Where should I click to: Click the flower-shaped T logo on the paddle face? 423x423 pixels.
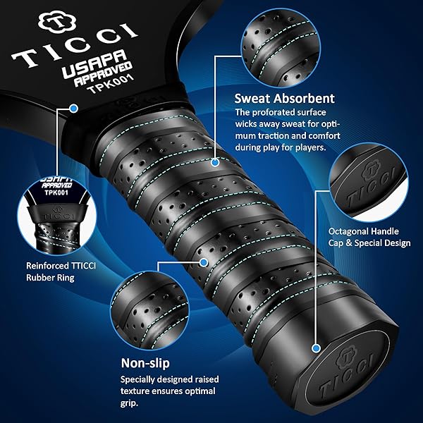(x=57, y=22)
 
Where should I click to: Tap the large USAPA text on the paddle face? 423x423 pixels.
(x=94, y=63)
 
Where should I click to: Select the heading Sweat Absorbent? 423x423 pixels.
(x=284, y=99)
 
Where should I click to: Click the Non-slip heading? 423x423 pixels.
(x=145, y=363)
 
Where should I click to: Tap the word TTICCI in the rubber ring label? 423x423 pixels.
(x=84, y=266)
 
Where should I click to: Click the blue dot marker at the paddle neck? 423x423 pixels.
(x=73, y=109)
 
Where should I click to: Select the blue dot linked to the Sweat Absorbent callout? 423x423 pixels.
(x=215, y=162)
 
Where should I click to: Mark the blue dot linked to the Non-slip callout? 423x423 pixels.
(x=204, y=262)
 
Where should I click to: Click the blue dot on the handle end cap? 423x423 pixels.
(x=316, y=348)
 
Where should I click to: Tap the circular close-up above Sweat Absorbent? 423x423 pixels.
(x=281, y=48)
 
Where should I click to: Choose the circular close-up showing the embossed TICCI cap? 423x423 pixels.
(x=369, y=183)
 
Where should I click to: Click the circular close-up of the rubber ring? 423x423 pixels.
(x=57, y=214)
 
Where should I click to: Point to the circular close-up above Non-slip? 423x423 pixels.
(x=149, y=310)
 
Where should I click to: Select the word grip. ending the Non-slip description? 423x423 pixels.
(x=129, y=403)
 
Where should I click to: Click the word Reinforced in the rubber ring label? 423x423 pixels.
(x=48, y=266)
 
